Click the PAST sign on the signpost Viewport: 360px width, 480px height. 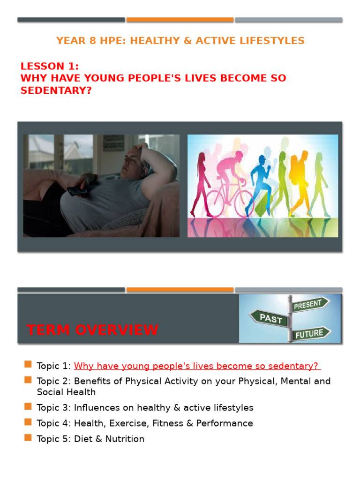[271, 319]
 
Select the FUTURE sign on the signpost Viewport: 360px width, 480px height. [309, 334]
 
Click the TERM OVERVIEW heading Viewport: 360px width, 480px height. [92, 330]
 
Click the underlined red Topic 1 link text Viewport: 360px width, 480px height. [197, 366]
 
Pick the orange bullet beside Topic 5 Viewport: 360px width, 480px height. [28, 438]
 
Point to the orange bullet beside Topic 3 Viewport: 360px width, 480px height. [28, 407]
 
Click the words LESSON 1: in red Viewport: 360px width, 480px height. [49, 66]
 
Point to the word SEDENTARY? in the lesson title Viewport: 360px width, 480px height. [56, 90]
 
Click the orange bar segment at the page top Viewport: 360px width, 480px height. [180, 20]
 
